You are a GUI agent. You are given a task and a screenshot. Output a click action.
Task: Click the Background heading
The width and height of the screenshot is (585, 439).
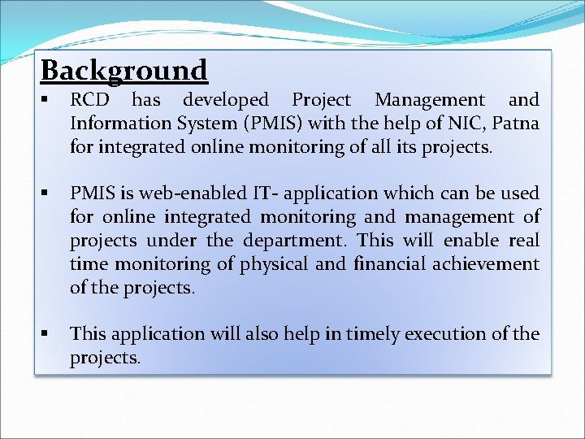pyautogui.click(x=124, y=71)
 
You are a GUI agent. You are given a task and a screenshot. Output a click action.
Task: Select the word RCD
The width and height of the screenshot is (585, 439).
pyautogui.click(x=89, y=100)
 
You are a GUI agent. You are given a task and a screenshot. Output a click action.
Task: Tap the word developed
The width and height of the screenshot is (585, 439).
pyautogui.click(x=225, y=100)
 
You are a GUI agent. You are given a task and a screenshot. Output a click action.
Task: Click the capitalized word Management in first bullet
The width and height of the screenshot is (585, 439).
pyautogui.click(x=430, y=100)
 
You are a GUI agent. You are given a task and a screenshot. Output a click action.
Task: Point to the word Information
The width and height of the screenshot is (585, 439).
pyautogui.click(x=115, y=124)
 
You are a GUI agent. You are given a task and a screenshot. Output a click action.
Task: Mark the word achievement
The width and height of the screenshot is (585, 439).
pyautogui.click(x=488, y=264)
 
